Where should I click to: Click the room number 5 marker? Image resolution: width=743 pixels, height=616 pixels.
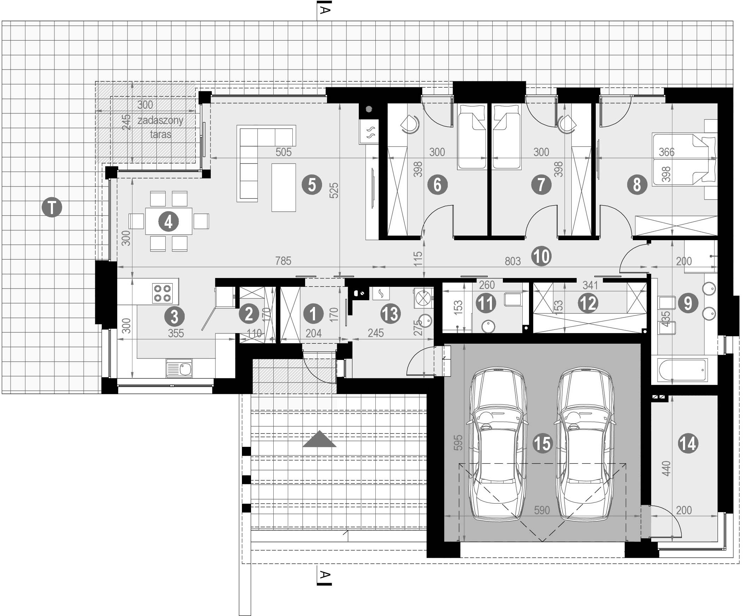(x=312, y=185)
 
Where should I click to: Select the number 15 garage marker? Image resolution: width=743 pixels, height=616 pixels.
(x=542, y=443)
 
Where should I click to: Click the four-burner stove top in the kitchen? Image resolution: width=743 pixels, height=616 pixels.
(x=163, y=293)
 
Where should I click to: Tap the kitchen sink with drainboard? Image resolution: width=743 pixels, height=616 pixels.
(x=179, y=369)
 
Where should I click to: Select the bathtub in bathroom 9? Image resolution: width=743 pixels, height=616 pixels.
(x=683, y=370)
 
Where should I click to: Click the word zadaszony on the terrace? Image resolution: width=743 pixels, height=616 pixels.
(x=160, y=120)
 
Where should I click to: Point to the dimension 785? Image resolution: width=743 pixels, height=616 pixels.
(x=283, y=261)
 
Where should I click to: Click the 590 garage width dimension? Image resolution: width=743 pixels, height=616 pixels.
(x=542, y=510)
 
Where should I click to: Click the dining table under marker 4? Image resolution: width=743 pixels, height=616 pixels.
(x=169, y=221)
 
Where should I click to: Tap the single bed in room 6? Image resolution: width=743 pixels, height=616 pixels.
(x=472, y=141)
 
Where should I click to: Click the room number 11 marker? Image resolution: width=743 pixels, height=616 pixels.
(x=486, y=303)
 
